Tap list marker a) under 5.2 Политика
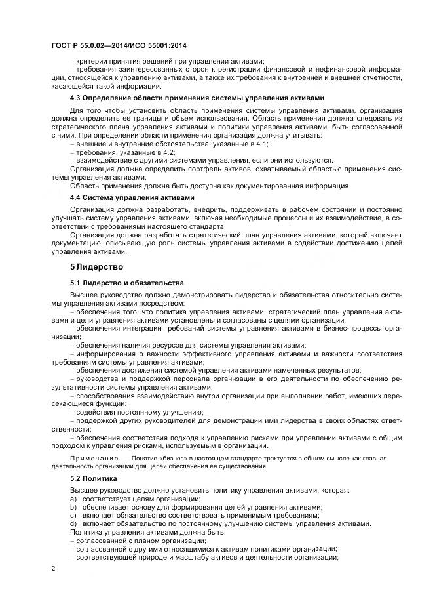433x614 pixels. click(x=73, y=499)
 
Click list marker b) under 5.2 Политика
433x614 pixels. click(x=73, y=508)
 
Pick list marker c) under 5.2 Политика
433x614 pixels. click(x=73, y=516)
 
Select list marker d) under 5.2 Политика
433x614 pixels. click(x=73, y=524)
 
